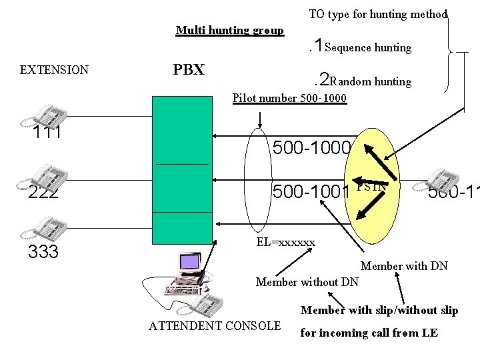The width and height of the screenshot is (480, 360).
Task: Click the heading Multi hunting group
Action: click(x=229, y=30)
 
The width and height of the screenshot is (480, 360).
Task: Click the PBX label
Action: click(x=189, y=70)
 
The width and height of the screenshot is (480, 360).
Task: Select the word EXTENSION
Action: click(x=54, y=69)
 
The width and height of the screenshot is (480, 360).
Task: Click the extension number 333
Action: click(x=43, y=252)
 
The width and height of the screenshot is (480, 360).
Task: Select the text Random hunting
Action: click(x=370, y=81)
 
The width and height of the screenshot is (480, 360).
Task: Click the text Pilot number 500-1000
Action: click(x=289, y=99)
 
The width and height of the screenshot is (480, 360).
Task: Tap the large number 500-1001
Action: click(x=311, y=192)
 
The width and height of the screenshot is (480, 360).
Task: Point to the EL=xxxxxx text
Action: click(x=285, y=242)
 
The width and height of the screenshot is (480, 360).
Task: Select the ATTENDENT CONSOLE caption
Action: click(x=215, y=326)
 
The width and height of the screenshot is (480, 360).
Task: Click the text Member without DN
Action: click(x=307, y=282)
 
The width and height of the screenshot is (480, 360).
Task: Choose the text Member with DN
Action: click(x=404, y=266)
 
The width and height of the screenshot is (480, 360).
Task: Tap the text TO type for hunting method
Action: click(x=378, y=14)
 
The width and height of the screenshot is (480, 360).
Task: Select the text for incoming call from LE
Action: click(x=369, y=333)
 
